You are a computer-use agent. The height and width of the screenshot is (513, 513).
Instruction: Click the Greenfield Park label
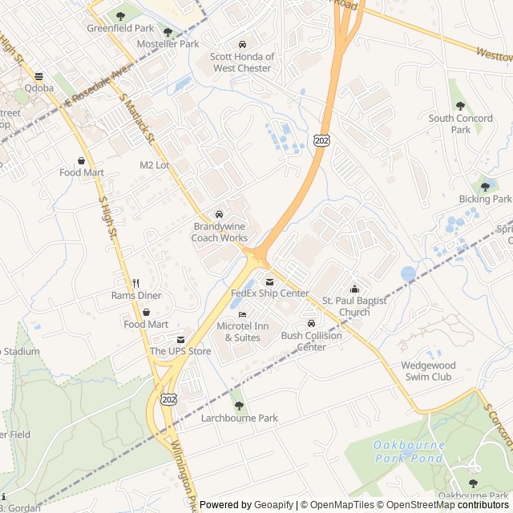[120, 28]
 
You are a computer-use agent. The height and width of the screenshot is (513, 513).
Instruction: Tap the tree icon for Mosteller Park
[168, 32]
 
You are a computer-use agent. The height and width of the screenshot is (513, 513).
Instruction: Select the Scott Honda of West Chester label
[242, 63]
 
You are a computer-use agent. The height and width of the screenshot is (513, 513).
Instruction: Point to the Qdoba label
[38, 88]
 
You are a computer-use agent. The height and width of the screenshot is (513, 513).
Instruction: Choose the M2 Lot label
[155, 165]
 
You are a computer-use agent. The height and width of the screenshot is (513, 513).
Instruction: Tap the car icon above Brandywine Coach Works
[219, 215]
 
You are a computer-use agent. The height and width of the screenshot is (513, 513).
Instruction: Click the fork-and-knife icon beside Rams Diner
[136, 283]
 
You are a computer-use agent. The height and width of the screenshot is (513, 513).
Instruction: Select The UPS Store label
[180, 351]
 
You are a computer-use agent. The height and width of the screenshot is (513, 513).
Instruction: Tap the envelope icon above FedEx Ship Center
[269, 281]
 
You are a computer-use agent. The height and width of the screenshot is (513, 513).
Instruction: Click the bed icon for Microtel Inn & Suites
[243, 314]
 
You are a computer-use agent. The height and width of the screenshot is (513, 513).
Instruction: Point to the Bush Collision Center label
[311, 341]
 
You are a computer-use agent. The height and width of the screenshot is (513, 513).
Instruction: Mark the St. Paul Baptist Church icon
[355, 289]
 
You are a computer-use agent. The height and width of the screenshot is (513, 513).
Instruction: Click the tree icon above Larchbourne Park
[239, 406]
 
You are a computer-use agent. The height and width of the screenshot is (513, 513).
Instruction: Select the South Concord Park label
[460, 123]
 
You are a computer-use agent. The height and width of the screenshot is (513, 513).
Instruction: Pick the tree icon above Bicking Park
[485, 187]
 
